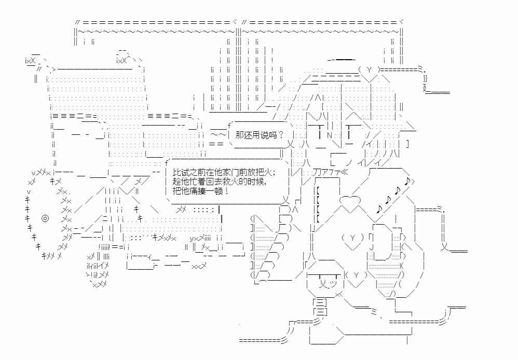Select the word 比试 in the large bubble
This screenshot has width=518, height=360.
(179, 172)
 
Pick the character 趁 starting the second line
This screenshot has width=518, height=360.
(175, 182)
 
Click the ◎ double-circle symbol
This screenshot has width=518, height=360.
(45, 218)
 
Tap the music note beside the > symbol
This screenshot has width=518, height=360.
(408, 182)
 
